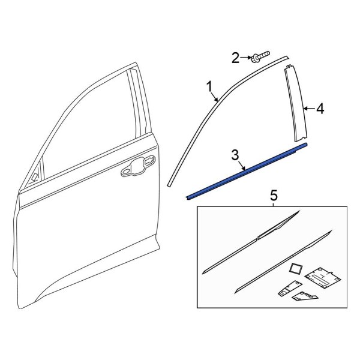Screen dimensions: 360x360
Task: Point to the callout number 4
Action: pos(320,109)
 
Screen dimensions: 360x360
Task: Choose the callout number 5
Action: pos(273,195)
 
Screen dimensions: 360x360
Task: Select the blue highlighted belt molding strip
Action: pos(246,170)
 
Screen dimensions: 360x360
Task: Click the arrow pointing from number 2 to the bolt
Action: pos(247,58)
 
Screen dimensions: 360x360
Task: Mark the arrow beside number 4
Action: pos(309,109)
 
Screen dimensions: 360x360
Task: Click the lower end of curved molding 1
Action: pos(171,179)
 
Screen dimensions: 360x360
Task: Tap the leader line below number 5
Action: pos(273,203)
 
